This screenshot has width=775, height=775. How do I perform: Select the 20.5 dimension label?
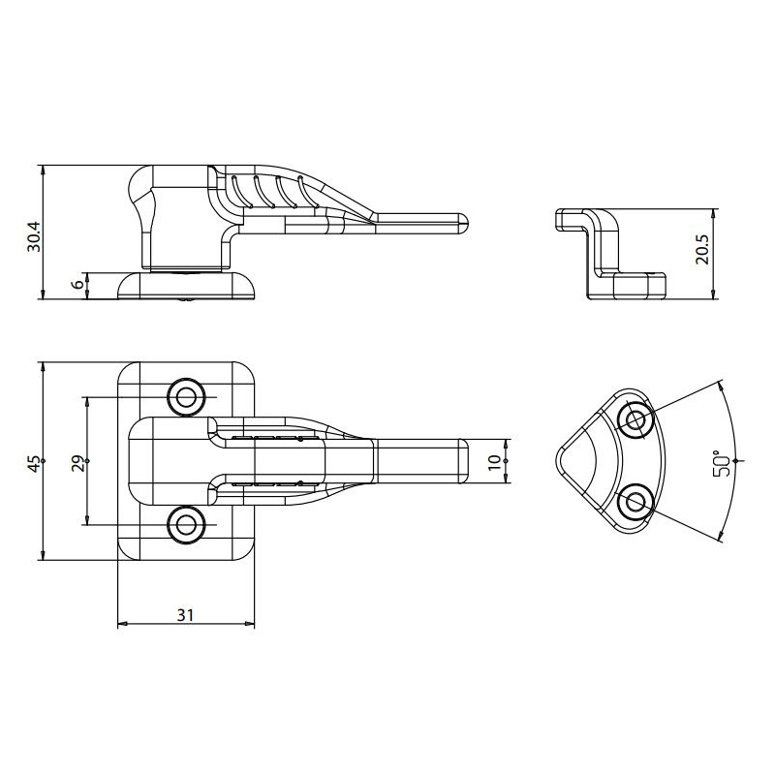point(702,249)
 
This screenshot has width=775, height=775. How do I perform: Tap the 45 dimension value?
point(34,463)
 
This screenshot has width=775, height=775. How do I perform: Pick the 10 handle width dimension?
point(494,460)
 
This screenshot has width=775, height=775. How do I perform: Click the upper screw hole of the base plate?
point(185,396)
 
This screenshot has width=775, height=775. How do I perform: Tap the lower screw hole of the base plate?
point(185,524)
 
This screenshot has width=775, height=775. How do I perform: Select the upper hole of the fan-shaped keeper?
point(635,419)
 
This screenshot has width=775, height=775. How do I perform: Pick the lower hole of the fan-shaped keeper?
point(635,502)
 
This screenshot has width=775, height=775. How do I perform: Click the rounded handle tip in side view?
point(463,223)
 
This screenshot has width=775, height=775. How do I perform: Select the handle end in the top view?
point(462,460)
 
